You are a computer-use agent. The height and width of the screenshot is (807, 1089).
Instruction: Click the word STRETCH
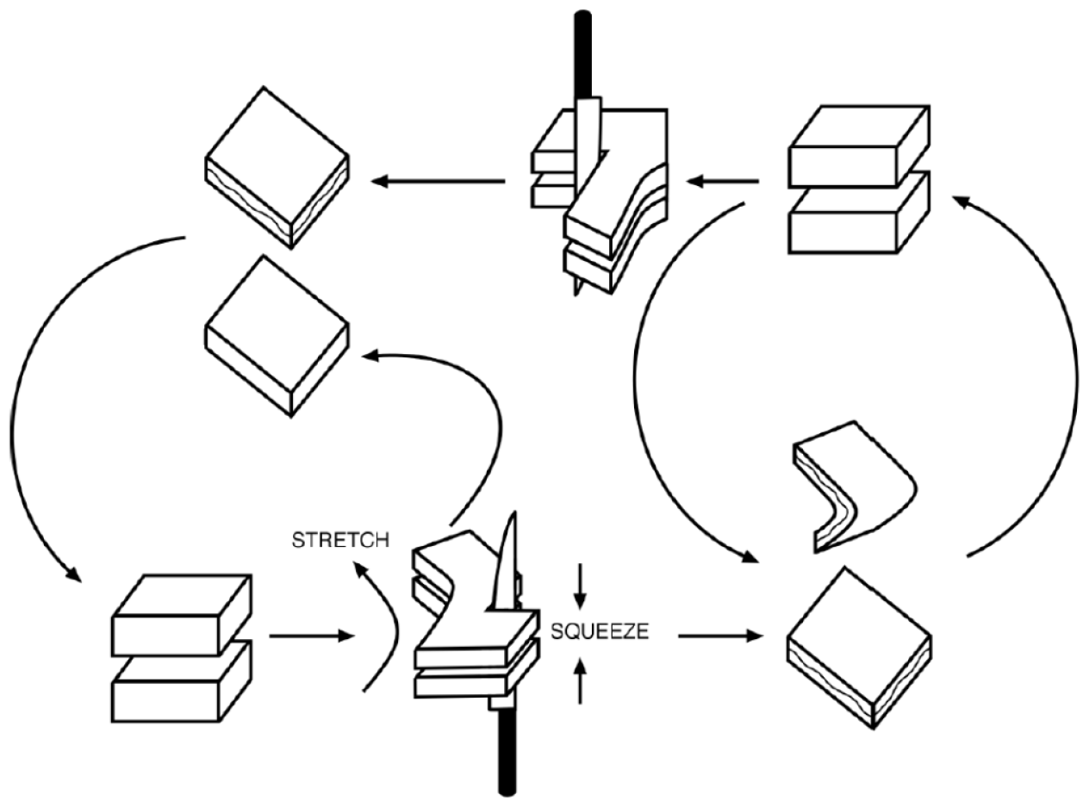pos(339,541)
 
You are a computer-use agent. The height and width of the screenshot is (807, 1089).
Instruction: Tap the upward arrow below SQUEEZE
pos(580,680)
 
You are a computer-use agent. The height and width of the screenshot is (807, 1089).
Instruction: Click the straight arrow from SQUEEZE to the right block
pos(721,636)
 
